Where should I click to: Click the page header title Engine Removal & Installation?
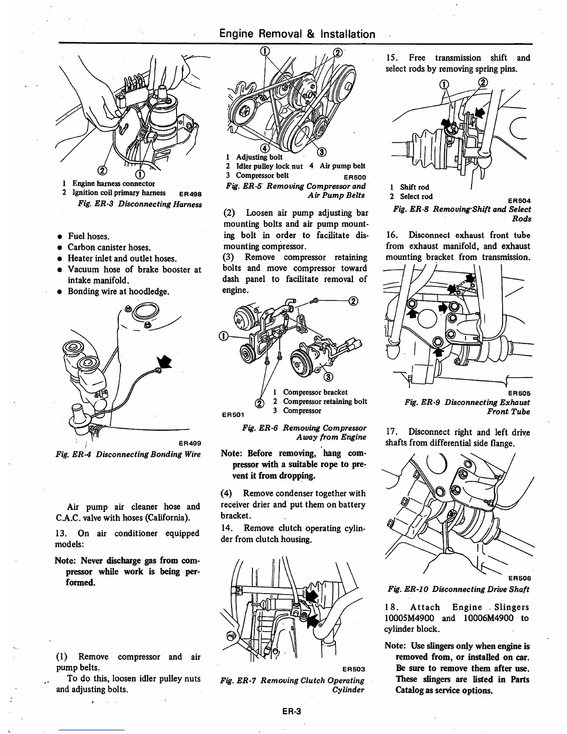[x=297, y=34]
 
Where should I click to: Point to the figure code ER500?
[x=355, y=177]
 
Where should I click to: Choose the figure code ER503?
[x=353, y=669]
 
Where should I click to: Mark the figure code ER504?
[x=519, y=201]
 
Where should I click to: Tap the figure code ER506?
[x=519, y=578]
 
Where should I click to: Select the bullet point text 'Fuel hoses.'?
[x=88, y=236]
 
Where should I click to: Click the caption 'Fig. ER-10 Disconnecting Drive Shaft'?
[x=458, y=589]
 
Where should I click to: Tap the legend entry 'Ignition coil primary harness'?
[x=119, y=193]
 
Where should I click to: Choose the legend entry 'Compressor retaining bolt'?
[x=325, y=401]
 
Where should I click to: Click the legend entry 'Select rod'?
[x=416, y=196]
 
